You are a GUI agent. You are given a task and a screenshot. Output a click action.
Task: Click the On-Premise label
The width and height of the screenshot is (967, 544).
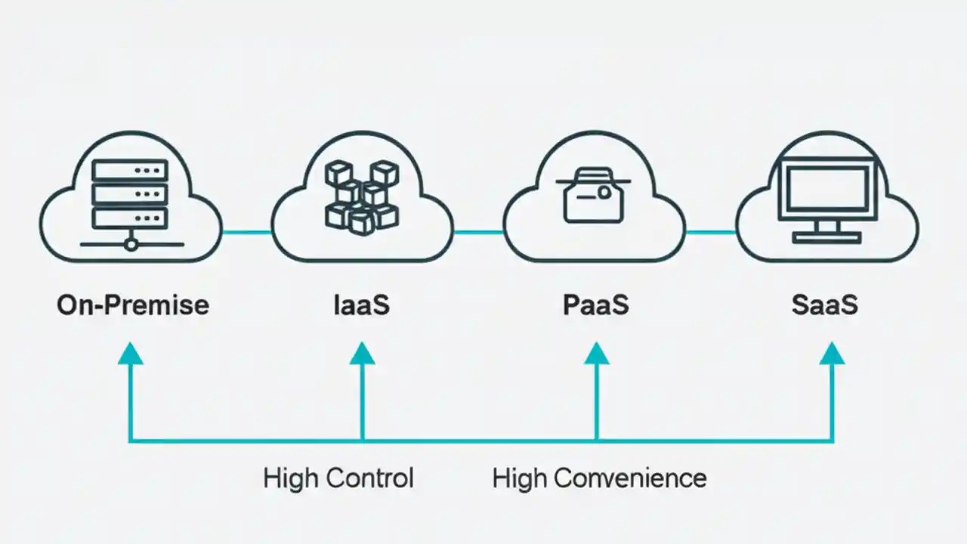pyautogui.click(x=133, y=305)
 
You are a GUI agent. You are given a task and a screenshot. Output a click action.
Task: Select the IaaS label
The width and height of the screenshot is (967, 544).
pyautogui.click(x=361, y=305)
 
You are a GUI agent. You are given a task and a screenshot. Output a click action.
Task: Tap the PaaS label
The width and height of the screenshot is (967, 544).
pyautogui.click(x=596, y=305)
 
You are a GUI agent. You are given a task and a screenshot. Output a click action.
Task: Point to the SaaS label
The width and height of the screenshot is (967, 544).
pyautogui.click(x=824, y=305)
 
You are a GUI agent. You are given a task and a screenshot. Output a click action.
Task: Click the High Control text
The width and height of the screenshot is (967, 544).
pyautogui.click(x=338, y=478)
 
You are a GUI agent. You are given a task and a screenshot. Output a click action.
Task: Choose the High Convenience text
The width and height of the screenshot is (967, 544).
pyautogui.click(x=599, y=478)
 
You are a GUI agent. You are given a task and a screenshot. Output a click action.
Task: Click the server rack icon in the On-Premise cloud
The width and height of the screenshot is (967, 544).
pyautogui.click(x=129, y=193)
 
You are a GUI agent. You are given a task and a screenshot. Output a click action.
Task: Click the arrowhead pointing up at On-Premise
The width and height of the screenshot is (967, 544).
pyautogui.click(x=131, y=353)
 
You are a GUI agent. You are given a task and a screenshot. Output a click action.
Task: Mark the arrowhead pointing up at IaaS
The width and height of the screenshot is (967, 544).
pyautogui.click(x=362, y=353)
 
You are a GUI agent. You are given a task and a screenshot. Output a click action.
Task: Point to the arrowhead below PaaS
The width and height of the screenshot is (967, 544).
pyautogui.click(x=596, y=353)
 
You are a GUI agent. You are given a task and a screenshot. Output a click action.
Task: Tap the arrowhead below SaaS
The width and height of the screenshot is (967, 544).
pyautogui.click(x=832, y=353)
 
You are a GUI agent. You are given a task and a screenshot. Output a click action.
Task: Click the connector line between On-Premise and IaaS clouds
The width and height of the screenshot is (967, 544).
pyautogui.click(x=246, y=232)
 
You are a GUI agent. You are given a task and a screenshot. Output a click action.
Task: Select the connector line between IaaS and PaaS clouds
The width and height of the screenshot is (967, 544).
pyautogui.click(x=478, y=232)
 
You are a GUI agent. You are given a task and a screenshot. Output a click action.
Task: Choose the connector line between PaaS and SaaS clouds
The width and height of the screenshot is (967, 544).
pyautogui.click(x=710, y=232)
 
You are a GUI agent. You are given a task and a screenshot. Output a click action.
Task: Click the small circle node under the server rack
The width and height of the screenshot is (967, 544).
pyautogui.click(x=131, y=244)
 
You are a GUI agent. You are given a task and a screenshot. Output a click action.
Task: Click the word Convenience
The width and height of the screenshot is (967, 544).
pyautogui.click(x=630, y=478)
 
